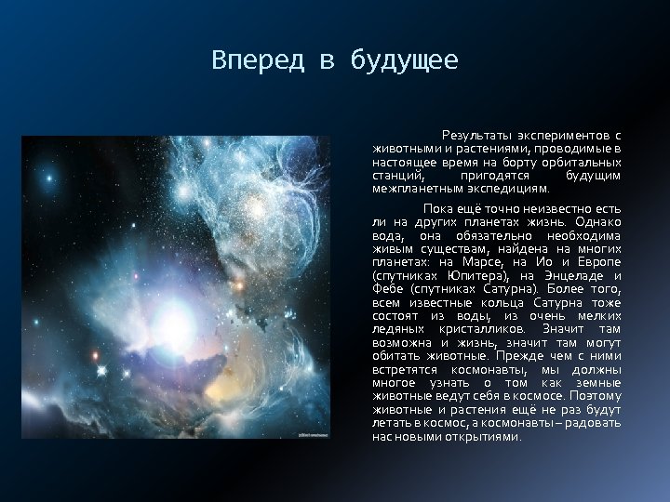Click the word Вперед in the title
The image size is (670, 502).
[245, 61]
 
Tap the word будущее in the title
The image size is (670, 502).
[404, 61]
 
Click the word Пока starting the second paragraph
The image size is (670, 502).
[438, 210]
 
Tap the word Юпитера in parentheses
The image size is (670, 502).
[481, 275]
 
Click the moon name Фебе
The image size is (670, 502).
[388, 288]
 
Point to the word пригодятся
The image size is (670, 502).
[496, 174]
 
